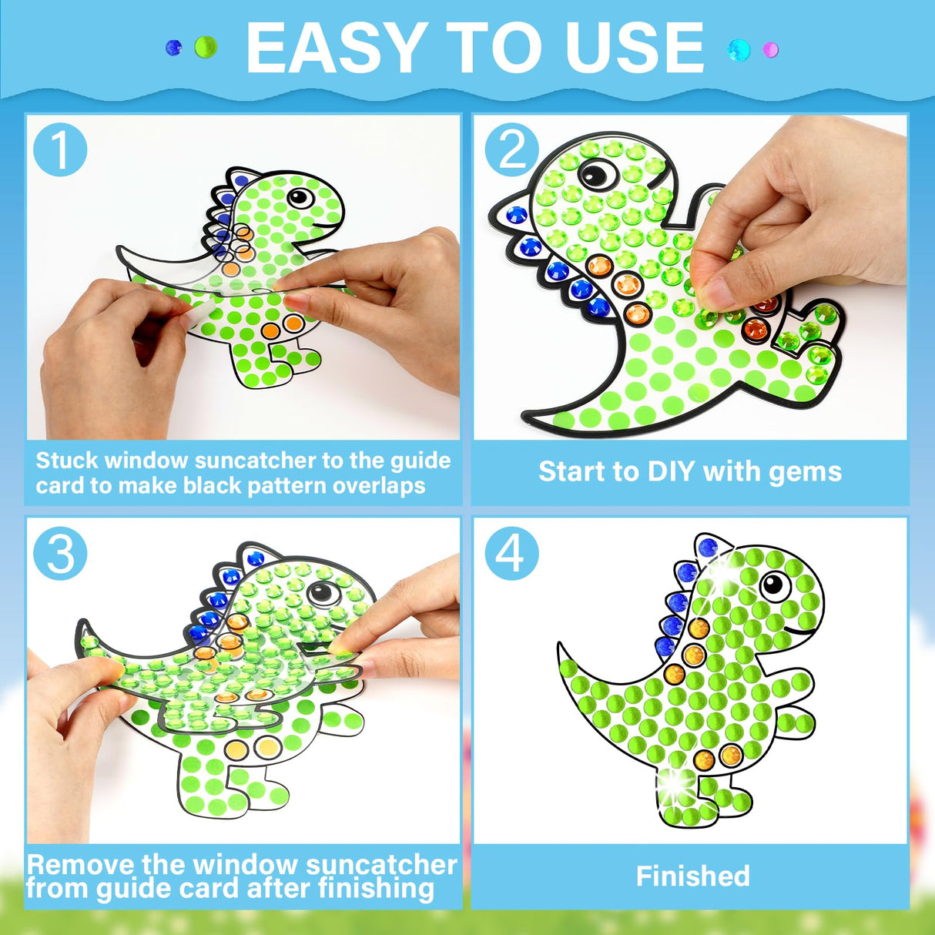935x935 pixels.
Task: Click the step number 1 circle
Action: click(x=60, y=150)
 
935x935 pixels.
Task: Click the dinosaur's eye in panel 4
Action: click(x=774, y=585)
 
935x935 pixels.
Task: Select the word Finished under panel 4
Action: click(x=692, y=876)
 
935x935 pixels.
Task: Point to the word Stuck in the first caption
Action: click(x=67, y=461)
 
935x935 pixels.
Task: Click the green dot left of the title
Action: click(x=206, y=48)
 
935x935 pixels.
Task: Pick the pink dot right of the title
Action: click(x=770, y=50)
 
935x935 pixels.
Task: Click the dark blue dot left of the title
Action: click(x=174, y=48)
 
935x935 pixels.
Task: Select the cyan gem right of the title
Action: click(x=739, y=50)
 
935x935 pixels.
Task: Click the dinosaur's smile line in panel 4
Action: click(x=801, y=632)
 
